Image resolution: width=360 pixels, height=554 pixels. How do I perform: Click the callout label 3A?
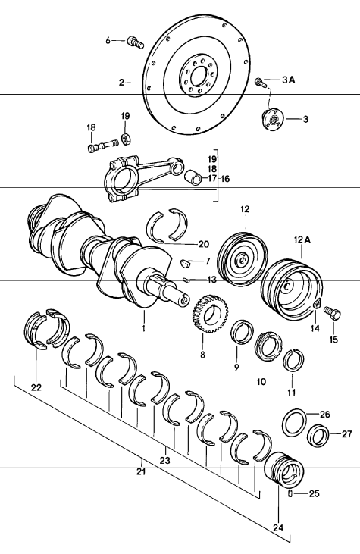(290, 80)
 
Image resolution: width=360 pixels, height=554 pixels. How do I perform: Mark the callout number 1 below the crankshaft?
(143, 330)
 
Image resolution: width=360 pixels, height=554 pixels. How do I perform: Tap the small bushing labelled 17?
(196, 179)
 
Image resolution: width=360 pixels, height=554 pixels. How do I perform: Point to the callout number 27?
(346, 434)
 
